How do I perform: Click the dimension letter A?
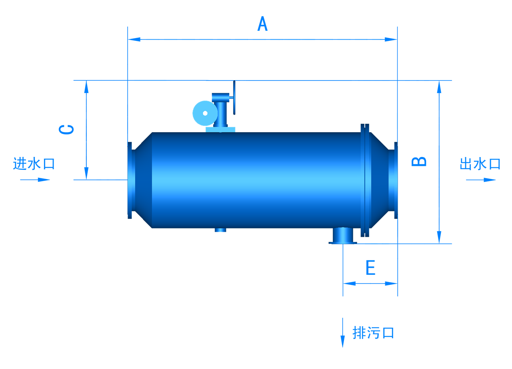pyautogui.click(x=262, y=24)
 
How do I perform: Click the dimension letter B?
pyautogui.click(x=420, y=161)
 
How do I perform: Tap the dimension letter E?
pyautogui.click(x=370, y=268)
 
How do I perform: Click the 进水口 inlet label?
pyautogui.click(x=34, y=163)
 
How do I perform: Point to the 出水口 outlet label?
pyautogui.click(x=480, y=163)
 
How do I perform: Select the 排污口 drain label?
pyautogui.click(x=373, y=333)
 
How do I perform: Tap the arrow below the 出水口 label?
pyautogui.click(x=481, y=179)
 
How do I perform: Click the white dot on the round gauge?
pyautogui.click(x=205, y=113)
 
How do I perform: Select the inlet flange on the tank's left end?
pyautogui.click(x=130, y=180)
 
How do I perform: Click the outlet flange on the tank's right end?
pyautogui.click(x=396, y=180)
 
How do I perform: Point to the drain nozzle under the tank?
pyautogui.click(x=343, y=235)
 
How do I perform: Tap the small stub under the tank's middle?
pyautogui.click(x=220, y=230)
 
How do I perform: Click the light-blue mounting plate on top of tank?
pyautogui.click(x=220, y=129)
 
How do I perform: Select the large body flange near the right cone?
pyautogui.click(x=365, y=180)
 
